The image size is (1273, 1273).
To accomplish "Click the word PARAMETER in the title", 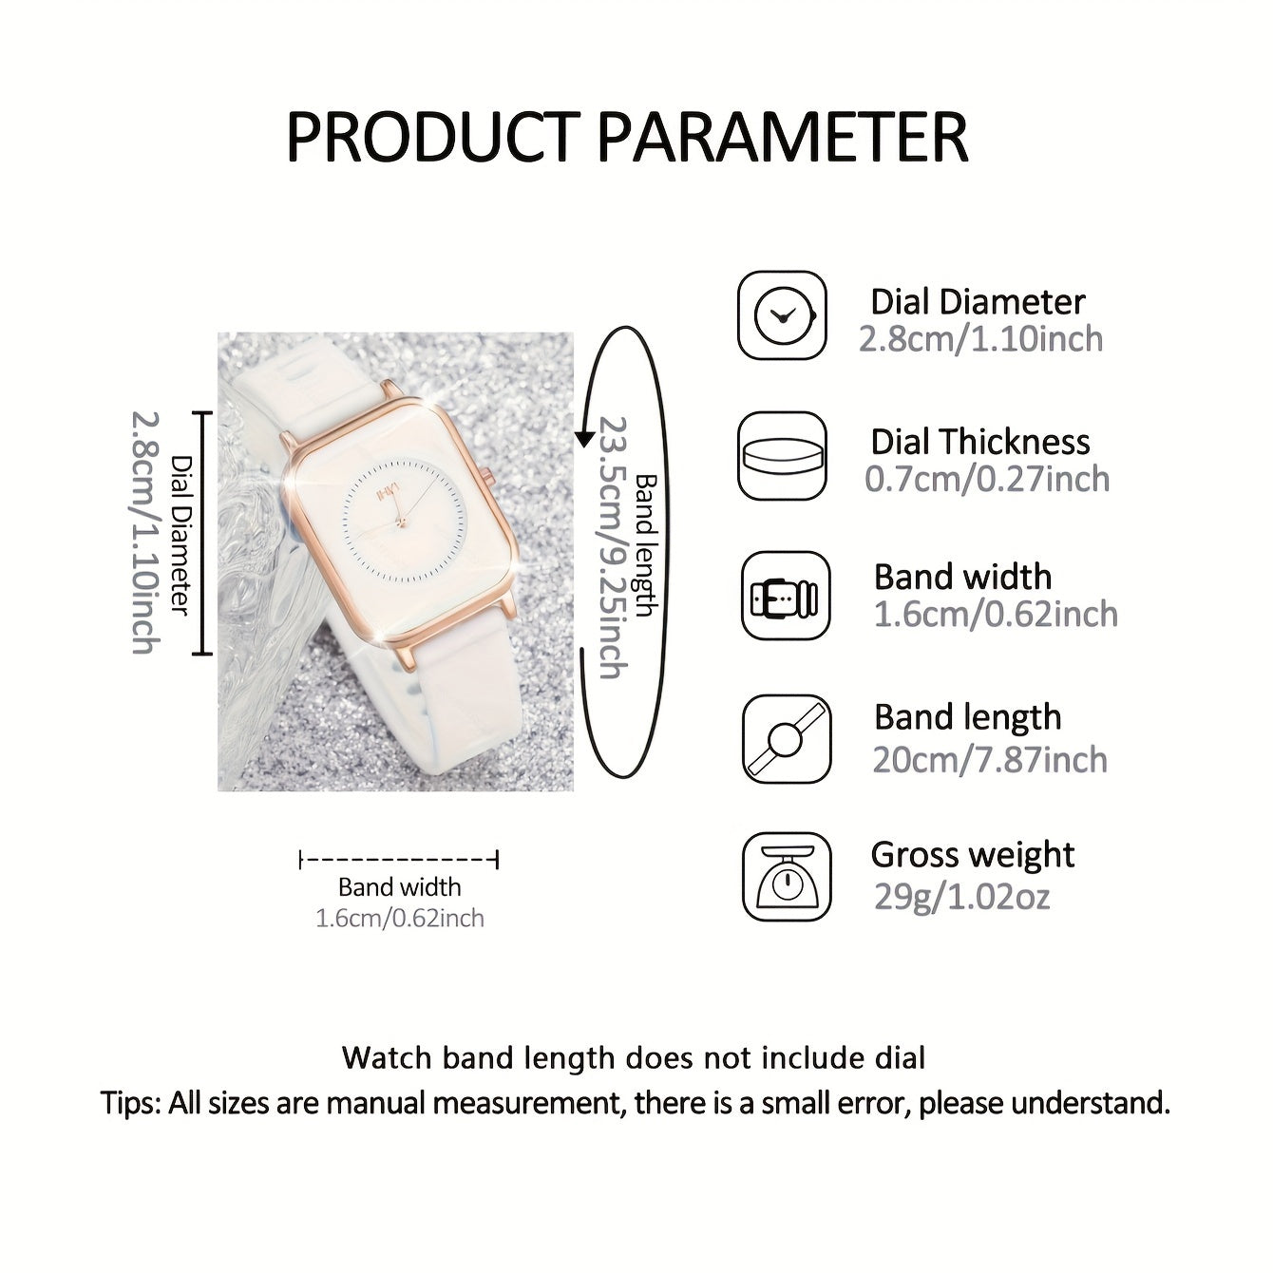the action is coord(783,138).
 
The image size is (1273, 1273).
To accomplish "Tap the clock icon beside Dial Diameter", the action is coord(782,315).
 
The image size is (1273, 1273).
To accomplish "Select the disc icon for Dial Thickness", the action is coord(782,455).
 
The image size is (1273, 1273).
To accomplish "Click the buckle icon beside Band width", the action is coord(786,596).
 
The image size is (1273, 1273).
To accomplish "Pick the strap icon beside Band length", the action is coord(786,738).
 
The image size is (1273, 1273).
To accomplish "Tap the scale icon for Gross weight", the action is coord(786,877).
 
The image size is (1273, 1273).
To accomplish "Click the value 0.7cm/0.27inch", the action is coord(987,479).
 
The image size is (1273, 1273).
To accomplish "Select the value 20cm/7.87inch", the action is coord(990,760).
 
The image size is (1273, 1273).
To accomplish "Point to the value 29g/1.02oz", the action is coord(961,897).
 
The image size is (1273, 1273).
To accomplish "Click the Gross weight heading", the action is coord(973,857).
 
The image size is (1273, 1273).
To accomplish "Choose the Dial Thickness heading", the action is coord(980,442).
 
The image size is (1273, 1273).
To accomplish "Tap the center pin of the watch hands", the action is coord(400,523).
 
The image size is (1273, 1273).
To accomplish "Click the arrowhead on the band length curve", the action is coord(584,437).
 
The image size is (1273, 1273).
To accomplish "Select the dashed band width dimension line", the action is coord(398,860).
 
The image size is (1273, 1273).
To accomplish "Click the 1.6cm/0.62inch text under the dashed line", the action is coord(400,919).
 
